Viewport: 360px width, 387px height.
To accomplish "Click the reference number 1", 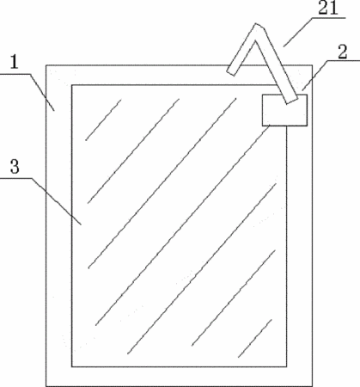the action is (x=14, y=63).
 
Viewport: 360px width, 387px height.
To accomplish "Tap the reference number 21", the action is (x=328, y=8).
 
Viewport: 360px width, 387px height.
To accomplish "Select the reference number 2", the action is (x=342, y=52).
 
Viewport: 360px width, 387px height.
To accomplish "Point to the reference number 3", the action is (x=15, y=167).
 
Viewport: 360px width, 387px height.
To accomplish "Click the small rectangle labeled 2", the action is (x=284, y=110).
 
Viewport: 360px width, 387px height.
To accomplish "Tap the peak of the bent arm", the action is (x=257, y=25).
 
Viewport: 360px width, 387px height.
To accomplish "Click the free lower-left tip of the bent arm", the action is (x=231, y=72).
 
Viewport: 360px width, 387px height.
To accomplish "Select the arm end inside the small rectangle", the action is (x=291, y=101).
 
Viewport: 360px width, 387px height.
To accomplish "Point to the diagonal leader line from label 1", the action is (x=42, y=92).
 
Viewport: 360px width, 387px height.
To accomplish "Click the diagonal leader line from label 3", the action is (x=56, y=201).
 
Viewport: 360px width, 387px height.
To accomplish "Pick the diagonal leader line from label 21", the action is (x=298, y=32).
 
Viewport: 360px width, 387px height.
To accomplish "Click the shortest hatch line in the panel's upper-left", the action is (x=103, y=120).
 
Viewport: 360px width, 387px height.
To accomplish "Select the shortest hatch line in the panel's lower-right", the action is (x=255, y=338).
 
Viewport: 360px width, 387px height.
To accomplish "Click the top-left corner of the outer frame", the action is (x=46, y=65).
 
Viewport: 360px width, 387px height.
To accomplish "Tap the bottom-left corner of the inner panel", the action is (x=71, y=366).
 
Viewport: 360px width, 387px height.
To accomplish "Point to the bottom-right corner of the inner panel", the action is (x=287, y=366).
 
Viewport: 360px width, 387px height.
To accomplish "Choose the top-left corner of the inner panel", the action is (x=71, y=85).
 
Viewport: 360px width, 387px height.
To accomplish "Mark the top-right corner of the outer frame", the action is (x=312, y=65).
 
